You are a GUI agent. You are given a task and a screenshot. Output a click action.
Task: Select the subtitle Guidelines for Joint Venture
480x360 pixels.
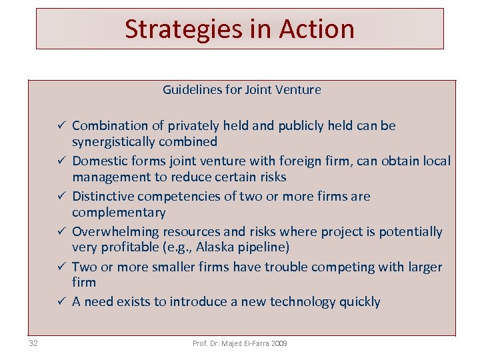point(242,89)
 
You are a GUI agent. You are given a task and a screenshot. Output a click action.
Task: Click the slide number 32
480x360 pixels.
point(33,343)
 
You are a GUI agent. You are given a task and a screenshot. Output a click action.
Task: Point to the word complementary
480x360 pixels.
point(119,212)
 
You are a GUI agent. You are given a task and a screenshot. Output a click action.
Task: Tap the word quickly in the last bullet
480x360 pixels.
point(359,302)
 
